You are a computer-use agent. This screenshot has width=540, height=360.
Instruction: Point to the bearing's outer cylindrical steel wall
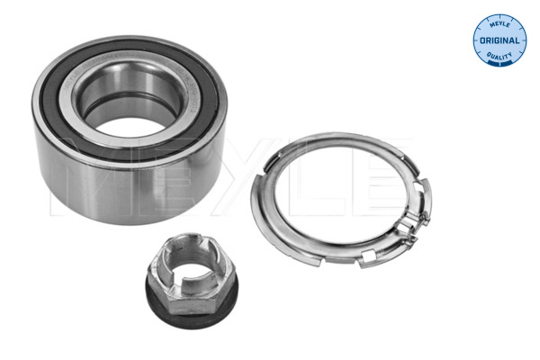point(108,193)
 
